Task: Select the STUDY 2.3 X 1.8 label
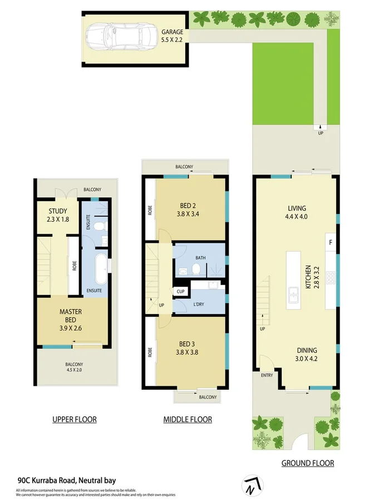point(57,215)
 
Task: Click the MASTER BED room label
point(71,316)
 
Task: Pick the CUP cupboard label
point(181,291)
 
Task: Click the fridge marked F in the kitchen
point(331,242)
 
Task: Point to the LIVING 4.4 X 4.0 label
point(296,214)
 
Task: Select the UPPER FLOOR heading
point(74,419)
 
